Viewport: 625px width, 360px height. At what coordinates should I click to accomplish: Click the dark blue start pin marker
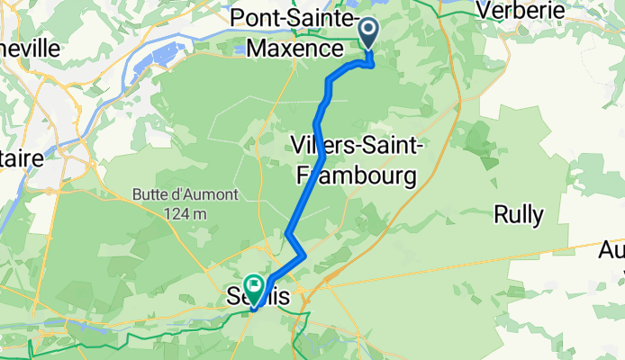pyautogui.click(x=369, y=33)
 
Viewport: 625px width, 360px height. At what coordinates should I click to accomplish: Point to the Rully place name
pyautogui.click(x=518, y=214)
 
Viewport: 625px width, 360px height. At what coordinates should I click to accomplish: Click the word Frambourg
pyautogui.click(x=357, y=173)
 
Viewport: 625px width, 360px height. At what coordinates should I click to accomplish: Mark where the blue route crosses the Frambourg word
pyautogui.click(x=312, y=174)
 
